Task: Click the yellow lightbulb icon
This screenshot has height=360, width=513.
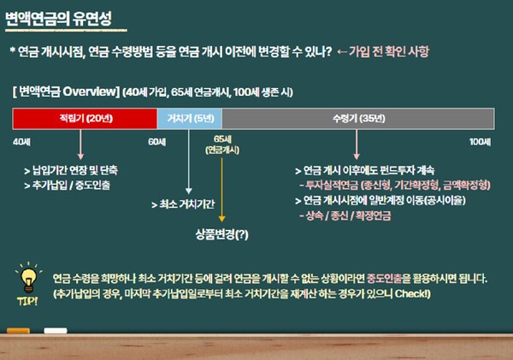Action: pos(27,280)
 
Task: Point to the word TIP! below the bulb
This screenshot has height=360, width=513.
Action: pos(27,301)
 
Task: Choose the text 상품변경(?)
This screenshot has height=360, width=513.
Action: pos(221,233)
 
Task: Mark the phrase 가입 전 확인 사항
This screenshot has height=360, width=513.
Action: pos(392,50)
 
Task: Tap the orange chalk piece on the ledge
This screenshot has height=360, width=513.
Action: pos(19,330)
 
